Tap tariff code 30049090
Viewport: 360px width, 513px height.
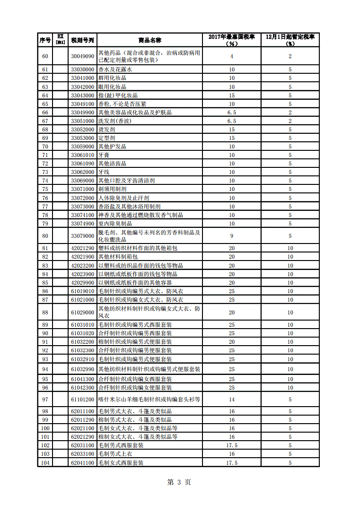coord(83,56)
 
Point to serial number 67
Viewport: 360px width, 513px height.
coord(45,121)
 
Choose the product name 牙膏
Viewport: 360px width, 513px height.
coord(104,155)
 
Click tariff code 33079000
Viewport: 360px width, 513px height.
coord(83,235)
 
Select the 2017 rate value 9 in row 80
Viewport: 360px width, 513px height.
coord(232,235)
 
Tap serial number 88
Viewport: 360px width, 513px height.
coord(45,313)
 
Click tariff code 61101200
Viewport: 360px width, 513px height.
coord(83,400)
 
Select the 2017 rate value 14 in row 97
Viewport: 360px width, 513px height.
coord(232,400)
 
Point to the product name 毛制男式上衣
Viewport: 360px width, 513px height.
coord(115,454)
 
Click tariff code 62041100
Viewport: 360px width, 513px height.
coord(83,463)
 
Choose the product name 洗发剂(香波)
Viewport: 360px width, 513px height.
coord(115,121)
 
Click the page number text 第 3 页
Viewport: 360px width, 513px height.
coord(179,482)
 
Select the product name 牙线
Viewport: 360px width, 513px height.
coord(104,172)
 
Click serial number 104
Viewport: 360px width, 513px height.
coord(45,463)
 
